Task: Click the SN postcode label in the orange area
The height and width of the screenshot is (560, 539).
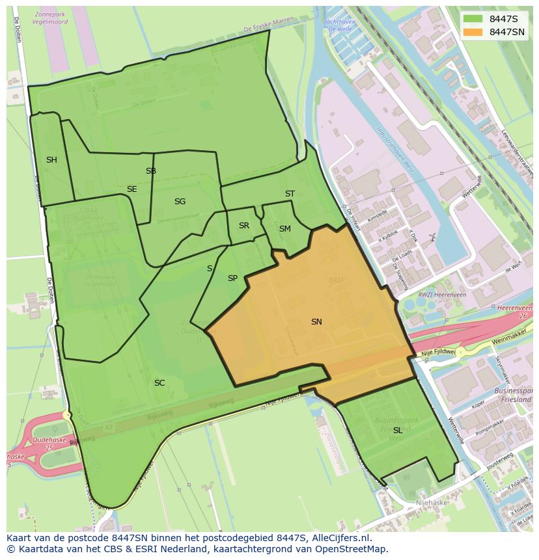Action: [316, 322]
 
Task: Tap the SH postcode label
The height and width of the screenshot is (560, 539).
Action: [51, 160]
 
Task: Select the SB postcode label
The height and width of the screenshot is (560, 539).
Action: [151, 172]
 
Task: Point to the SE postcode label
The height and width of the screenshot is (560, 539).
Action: [131, 189]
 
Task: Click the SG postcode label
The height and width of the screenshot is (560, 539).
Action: [180, 202]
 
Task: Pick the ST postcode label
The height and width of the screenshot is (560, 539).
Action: [290, 194]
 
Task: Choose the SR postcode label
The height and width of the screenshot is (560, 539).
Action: [243, 226]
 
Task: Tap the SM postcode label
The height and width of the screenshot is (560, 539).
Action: [284, 229]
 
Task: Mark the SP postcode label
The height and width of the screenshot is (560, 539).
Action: [232, 278]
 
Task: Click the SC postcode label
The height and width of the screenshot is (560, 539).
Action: [159, 383]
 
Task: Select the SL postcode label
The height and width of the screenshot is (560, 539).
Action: [397, 431]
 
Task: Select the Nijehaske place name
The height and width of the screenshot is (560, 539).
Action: [432, 503]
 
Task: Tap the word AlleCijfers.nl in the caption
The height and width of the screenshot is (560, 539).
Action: [339, 538]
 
